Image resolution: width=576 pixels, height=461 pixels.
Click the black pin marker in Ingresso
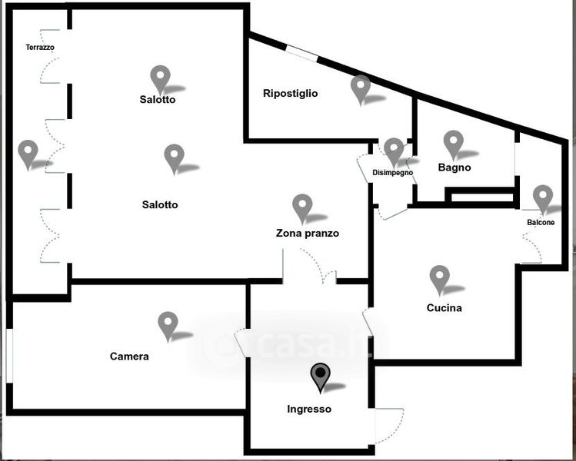[320, 376]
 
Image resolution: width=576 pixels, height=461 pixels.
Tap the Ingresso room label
[309, 410]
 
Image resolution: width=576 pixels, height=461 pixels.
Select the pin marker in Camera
[168, 324]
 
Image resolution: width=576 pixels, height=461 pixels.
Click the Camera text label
[129, 357]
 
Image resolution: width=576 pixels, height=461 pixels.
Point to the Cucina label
[444, 308]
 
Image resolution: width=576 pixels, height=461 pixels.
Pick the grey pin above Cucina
[439, 278]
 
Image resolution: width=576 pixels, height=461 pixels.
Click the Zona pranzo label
[308, 234]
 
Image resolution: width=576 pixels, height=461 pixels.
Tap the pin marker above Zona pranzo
[303, 207]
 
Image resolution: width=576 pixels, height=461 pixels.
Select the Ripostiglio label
[290, 94]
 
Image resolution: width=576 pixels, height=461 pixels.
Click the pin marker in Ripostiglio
[361, 88]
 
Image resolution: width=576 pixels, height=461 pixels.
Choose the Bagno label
[454, 167]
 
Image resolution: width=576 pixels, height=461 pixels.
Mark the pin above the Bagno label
[454, 144]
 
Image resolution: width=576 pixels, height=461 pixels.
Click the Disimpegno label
[393, 173]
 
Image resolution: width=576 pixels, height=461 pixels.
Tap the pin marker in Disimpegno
[394, 151]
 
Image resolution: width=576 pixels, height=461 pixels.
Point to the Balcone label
[541, 223]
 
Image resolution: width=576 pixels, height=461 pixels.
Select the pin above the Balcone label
[543, 197]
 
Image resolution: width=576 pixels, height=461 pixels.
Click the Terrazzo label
[40, 48]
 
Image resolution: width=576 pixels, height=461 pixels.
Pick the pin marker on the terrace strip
[28, 153]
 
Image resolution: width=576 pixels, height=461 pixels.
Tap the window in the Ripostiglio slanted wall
[302, 54]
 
